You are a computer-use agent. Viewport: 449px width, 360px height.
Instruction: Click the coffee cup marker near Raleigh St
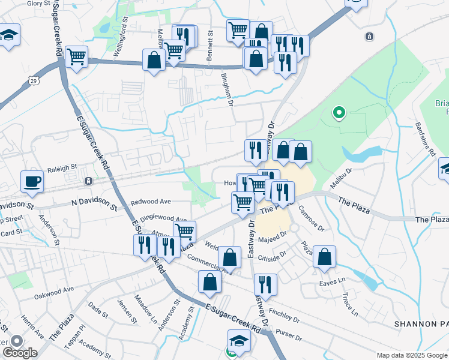[32, 181]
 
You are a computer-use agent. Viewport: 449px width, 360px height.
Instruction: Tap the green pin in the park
[339, 112]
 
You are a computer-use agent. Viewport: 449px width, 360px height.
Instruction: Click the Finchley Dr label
[284, 314]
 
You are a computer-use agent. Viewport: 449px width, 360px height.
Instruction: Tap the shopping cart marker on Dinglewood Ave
[185, 231]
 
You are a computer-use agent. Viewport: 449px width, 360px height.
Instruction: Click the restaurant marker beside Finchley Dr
[265, 284]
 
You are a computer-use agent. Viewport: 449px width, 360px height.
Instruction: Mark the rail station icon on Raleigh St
[88, 181]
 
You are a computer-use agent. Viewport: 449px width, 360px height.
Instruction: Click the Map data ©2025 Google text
[411, 355]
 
